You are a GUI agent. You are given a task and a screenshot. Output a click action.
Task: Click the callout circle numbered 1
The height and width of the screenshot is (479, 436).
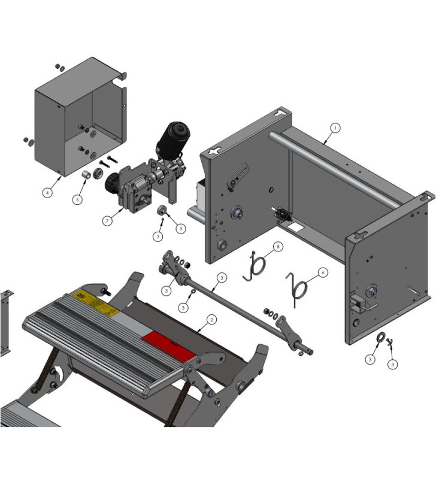coord(335,128)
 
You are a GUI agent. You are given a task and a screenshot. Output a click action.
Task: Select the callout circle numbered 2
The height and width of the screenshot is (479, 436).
coord(211,320)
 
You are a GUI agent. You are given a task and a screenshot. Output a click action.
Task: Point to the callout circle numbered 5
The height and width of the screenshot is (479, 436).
coord(77,199)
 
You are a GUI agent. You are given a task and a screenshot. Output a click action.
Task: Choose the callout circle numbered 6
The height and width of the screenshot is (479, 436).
coord(322,272)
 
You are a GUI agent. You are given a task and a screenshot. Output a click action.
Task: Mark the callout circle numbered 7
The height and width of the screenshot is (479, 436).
coord(107,221)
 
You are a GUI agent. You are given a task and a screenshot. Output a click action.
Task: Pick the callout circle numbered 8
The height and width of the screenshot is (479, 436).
coord(278,246)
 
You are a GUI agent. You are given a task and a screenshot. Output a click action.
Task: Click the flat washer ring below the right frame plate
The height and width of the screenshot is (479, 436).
coord(380,341)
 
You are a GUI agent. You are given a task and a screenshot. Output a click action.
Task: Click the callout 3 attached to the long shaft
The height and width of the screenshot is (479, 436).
coord(222,277)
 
